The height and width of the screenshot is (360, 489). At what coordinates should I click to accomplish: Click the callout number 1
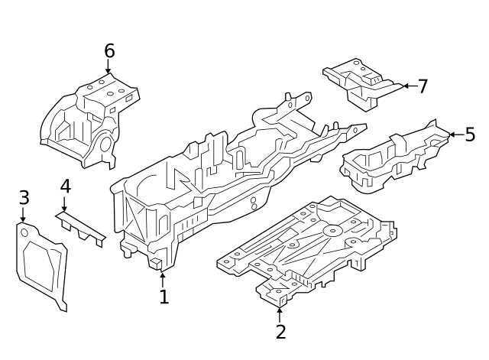click(x=164, y=296)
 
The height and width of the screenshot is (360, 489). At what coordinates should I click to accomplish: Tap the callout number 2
click(x=280, y=332)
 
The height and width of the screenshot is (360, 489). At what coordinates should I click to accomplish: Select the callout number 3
click(x=24, y=198)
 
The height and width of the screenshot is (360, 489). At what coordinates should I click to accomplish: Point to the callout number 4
click(x=65, y=186)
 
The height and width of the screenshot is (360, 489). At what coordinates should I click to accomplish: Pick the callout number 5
click(x=470, y=135)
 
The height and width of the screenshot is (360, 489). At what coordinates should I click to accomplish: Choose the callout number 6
click(x=109, y=51)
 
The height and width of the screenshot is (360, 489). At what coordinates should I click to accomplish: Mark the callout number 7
click(x=423, y=86)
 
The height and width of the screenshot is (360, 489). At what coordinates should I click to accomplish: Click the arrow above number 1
click(x=163, y=277)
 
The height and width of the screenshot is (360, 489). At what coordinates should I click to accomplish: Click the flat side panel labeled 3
click(x=41, y=264)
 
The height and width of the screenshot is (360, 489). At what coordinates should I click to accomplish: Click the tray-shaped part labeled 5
click(x=390, y=157)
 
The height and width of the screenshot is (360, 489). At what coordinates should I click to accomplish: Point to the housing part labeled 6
click(x=88, y=122)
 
